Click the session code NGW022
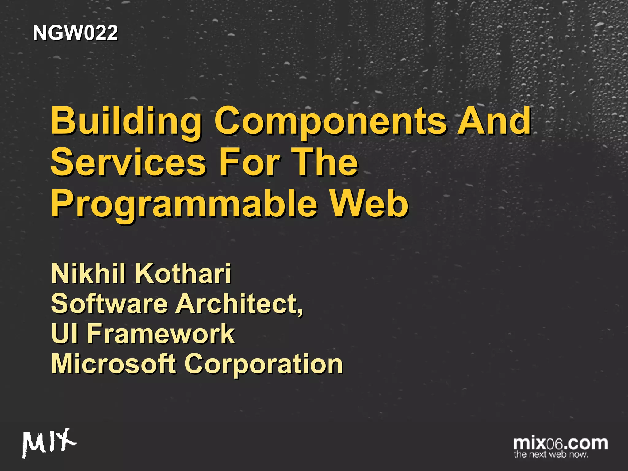(75, 33)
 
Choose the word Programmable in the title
(184, 205)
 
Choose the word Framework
(161, 333)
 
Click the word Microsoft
(113, 364)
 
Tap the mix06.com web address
(561, 443)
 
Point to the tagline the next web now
(551, 454)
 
